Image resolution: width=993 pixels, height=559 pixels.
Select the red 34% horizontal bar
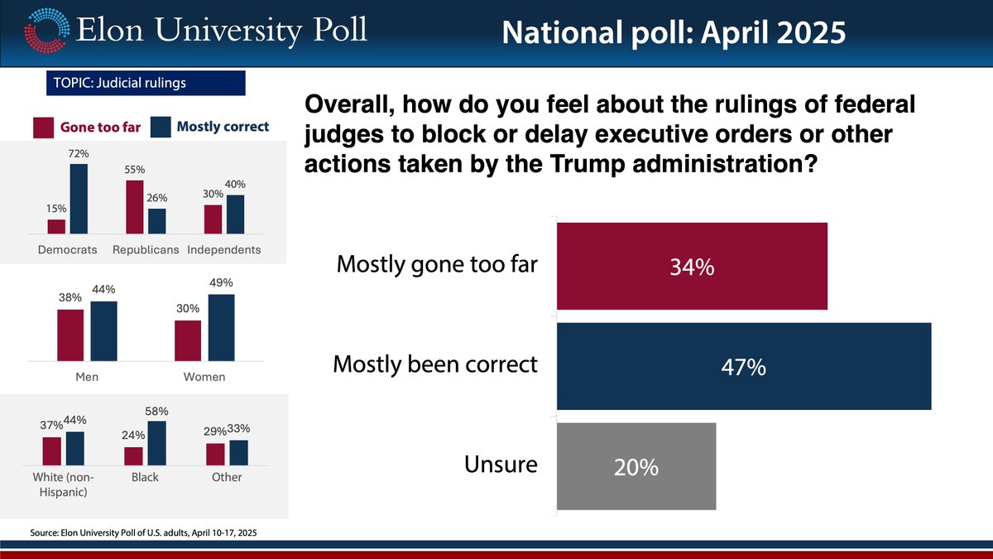[x=692, y=267]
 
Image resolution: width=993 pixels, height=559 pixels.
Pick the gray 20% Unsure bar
[x=636, y=466]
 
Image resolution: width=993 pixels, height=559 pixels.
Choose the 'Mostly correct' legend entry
[x=212, y=127]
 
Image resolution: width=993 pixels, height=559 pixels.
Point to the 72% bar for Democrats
[x=79, y=199]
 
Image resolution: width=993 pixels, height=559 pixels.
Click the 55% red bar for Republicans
[x=135, y=207]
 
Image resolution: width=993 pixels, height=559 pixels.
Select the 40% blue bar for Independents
[x=236, y=214]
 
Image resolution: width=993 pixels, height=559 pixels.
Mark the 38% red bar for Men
[x=70, y=335]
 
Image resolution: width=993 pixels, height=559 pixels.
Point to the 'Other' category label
[x=227, y=477]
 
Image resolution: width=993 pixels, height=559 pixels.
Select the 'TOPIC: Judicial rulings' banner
[x=146, y=83]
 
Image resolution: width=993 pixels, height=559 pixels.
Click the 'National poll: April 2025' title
[x=674, y=32]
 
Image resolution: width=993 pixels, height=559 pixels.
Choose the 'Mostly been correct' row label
[x=434, y=364]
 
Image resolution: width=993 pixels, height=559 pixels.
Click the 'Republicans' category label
[x=145, y=249]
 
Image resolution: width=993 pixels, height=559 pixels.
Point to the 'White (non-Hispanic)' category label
[x=64, y=484]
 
